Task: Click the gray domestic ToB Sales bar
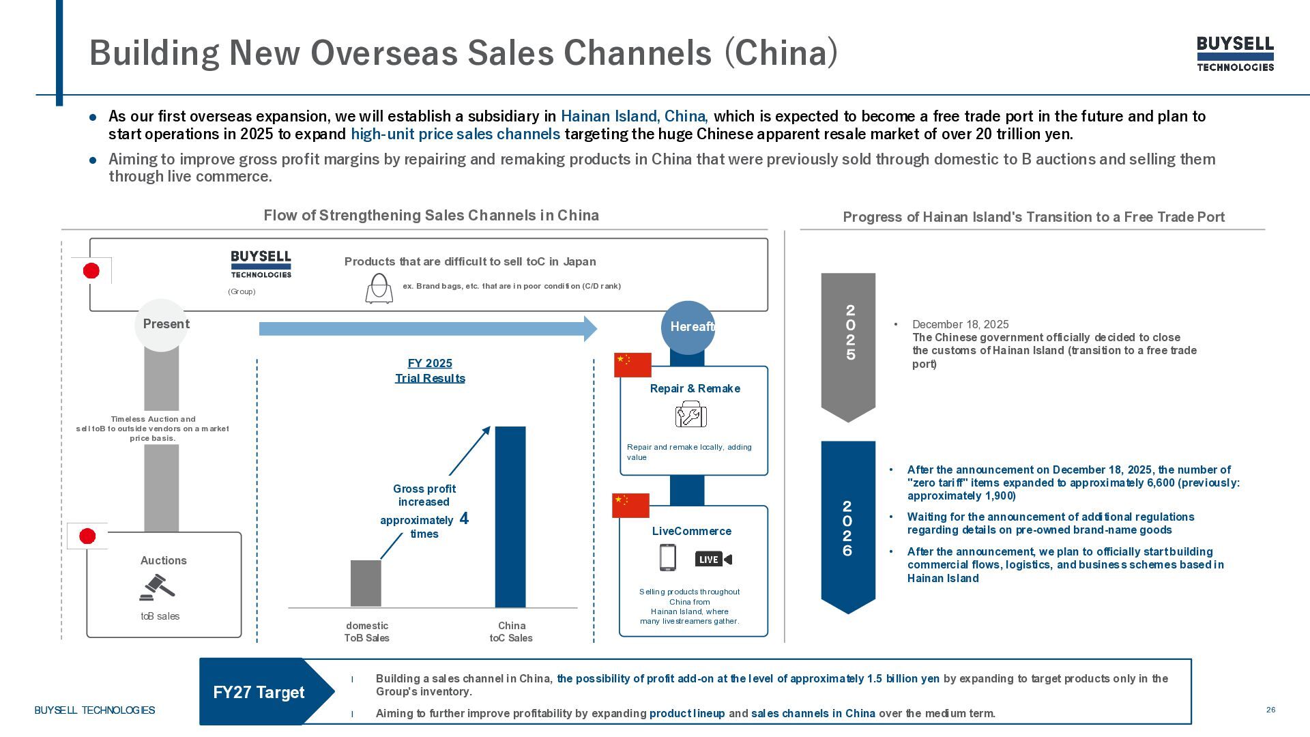(366, 583)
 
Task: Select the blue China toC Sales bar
(510, 517)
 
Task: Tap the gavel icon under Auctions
(157, 588)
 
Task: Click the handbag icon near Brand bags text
(379, 289)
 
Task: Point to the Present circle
(162, 325)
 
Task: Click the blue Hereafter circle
(688, 327)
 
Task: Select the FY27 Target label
(259, 692)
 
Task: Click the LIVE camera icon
(713, 560)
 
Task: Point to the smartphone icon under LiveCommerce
(667, 558)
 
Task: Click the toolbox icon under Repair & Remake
(690, 414)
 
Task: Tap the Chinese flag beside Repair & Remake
(632, 365)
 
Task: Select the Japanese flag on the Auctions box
(87, 536)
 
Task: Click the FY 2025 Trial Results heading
(430, 371)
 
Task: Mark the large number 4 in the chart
(464, 519)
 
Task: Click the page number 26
(1270, 710)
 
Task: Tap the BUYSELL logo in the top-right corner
(1235, 54)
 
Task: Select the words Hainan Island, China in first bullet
(634, 117)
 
